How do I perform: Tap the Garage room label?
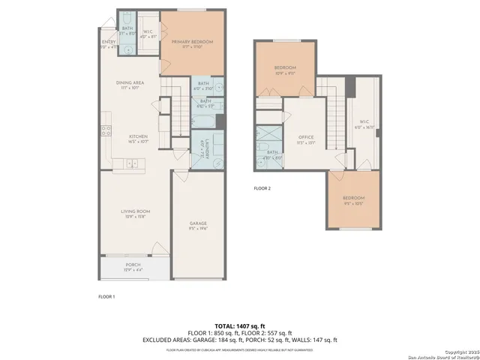[197, 224]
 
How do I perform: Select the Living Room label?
[136, 211]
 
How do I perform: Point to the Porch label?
[133, 265]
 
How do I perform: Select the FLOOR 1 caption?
[106, 297]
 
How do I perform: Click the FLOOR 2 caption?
[262, 188]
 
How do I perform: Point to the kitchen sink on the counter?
[132, 163]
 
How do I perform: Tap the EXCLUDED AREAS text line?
[239, 340]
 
